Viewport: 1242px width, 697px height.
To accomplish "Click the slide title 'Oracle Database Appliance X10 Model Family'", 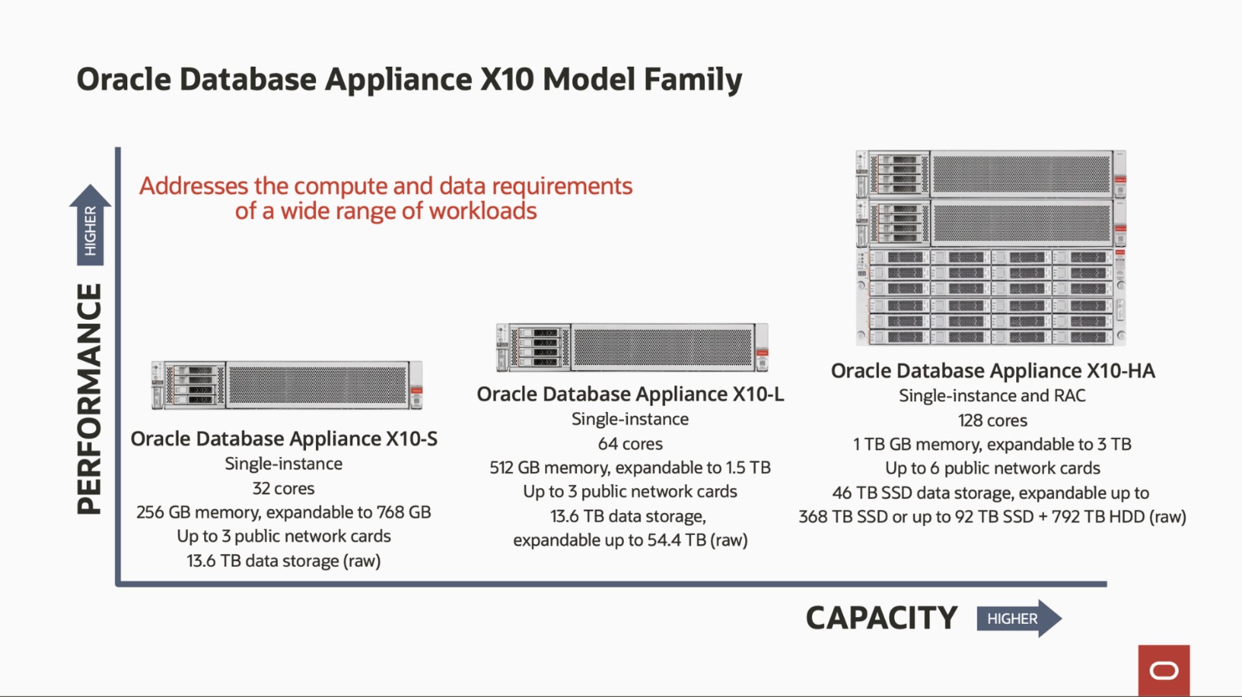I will click(409, 80).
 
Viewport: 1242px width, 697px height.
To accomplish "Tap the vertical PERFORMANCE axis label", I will click(90, 398).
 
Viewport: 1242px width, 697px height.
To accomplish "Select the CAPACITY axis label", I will click(881, 619).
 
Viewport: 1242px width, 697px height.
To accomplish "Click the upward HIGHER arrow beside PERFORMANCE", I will click(90, 225).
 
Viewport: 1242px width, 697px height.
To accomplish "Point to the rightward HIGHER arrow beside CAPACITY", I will click(1018, 619).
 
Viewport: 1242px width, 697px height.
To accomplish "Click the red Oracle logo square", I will click(1164, 670).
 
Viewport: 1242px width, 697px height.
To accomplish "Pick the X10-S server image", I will click(287, 385).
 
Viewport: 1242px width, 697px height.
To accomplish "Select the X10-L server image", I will click(632, 347).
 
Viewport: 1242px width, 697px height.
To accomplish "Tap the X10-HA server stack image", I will click(990, 248).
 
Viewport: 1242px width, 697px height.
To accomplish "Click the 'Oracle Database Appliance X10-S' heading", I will click(284, 439).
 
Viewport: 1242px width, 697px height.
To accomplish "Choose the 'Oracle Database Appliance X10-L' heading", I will click(630, 394).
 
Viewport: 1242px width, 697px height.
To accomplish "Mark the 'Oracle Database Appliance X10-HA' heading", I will click(993, 371).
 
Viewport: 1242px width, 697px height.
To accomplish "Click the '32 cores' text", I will click(283, 489).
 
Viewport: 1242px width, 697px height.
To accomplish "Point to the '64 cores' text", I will click(630, 444).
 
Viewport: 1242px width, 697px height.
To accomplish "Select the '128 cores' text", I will click(992, 421).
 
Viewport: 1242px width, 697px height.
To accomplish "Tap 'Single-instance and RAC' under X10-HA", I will click(992, 396).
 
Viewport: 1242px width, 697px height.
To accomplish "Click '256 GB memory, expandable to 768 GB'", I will click(283, 512).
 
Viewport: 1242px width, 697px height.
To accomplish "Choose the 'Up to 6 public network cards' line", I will click(992, 468).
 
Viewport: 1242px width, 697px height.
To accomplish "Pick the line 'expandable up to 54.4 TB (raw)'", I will click(630, 540).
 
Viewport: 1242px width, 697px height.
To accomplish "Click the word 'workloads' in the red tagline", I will click(483, 211).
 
